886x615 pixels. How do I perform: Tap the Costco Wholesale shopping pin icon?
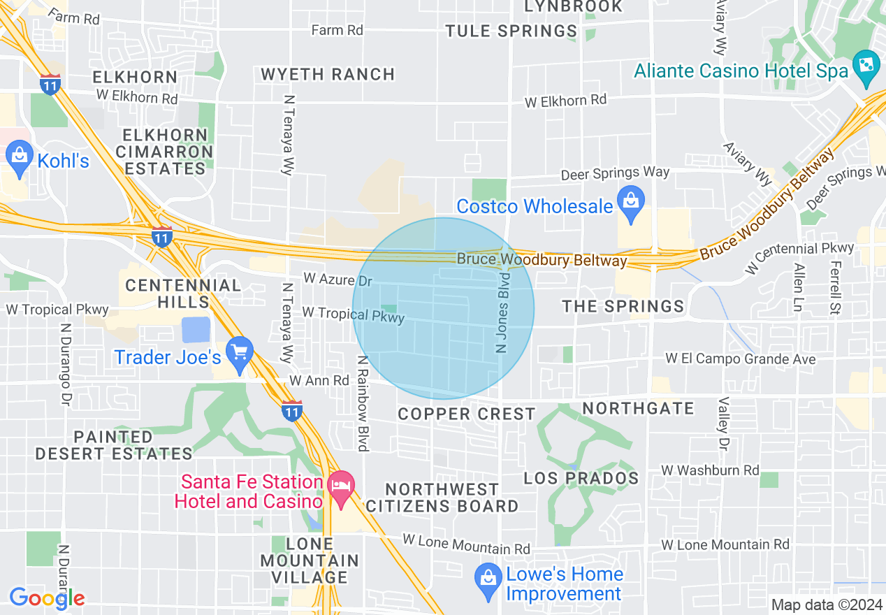click(x=631, y=205)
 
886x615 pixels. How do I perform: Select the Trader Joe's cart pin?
click(x=240, y=356)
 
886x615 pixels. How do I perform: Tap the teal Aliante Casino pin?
click(x=866, y=68)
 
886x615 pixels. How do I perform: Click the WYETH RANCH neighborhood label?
click(x=328, y=74)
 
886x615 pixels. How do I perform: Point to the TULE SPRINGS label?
click(x=511, y=31)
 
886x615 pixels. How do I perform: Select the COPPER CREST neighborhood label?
click(x=466, y=414)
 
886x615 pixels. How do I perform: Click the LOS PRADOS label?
click(x=581, y=479)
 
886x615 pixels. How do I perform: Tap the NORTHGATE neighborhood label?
click(x=638, y=408)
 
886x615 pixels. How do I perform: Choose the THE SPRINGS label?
click(x=623, y=306)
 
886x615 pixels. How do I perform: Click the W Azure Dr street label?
click(x=337, y=280)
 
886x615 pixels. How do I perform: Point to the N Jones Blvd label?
click(x=503, y=313)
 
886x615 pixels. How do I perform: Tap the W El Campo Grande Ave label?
click(x=740, y=359)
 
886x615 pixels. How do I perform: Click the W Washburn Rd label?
click(x=710, y=470)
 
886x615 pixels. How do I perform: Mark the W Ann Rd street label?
click(x=319, y=381)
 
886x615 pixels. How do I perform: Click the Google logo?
click(x=47, y=598)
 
